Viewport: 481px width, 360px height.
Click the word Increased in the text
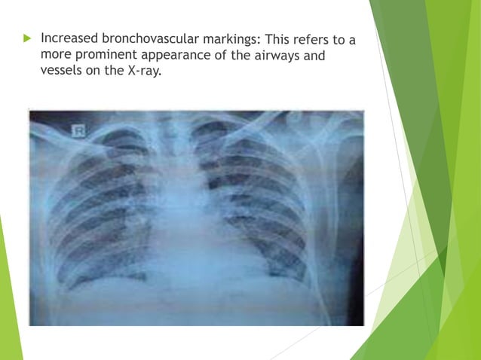(69, 37)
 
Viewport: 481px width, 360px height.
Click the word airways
(287, 54)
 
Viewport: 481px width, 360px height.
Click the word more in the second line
(56, 55)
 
